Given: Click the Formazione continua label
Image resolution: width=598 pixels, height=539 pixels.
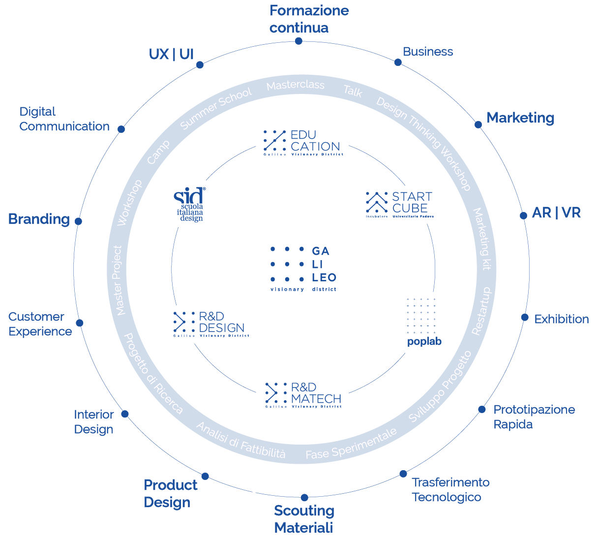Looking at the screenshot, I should click(x=309, y=19).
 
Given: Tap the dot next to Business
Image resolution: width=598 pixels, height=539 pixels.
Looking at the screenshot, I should click(x=398, y=62).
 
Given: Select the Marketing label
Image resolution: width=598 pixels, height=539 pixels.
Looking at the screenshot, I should click(x=520, y=118).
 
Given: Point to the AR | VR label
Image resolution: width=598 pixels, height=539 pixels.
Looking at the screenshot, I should click(x=556, y=213).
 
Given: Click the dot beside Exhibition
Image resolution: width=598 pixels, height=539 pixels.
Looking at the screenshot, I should click(x=525, y=317).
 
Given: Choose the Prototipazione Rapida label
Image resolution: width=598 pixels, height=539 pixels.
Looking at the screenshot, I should click(x=534, y=417).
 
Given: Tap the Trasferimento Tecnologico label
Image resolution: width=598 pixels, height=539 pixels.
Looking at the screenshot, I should click(x=450, y=489).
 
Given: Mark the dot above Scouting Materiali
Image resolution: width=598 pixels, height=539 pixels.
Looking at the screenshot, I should click(x=304, y=498).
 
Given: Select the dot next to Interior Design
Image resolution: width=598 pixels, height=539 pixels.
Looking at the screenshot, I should click(x=125, y=414).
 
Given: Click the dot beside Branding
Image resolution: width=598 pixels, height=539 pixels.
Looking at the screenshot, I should click(x=78, y=221).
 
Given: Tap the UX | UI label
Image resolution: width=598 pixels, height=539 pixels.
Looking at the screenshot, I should click(x=171, y=54).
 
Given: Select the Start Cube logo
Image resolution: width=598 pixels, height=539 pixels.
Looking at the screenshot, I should click(x=399, y=204).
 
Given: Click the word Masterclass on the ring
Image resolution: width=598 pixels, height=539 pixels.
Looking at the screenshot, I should click(x=296, y=86).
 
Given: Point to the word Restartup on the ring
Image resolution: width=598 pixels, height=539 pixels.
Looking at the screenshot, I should click(x=481, y=311).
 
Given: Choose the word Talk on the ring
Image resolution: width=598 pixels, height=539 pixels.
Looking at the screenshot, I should click(x=353, y=91).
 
